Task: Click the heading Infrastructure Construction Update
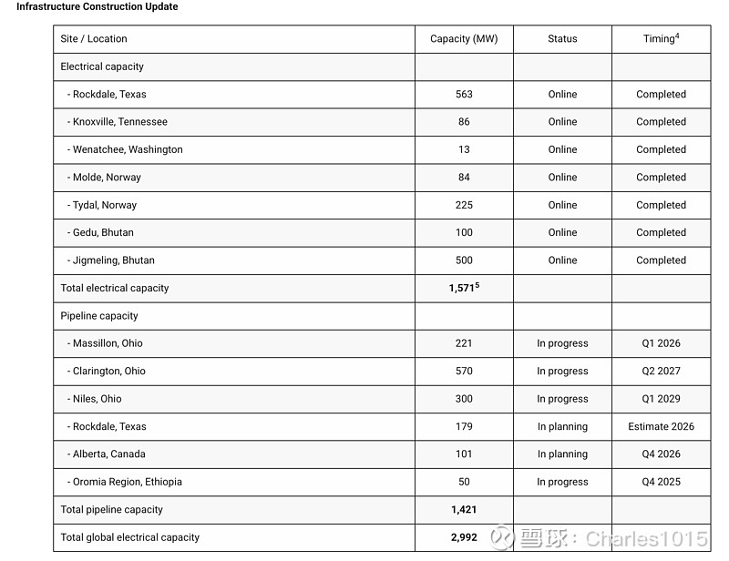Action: click(98, 7)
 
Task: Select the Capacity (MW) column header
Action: click(464, 39)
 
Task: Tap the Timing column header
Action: click(661, 39)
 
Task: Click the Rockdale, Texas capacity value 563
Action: click(464, 95)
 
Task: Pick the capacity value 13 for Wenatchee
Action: click(464, 150)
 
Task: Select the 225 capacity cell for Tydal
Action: click(464, 206)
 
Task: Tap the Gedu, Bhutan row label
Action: click(101, 233)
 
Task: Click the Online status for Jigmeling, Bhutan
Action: click(562, 260)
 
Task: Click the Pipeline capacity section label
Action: click(99, 316)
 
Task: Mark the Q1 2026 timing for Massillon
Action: click(661, 344)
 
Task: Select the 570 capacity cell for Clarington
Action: click(464, 372)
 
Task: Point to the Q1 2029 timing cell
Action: click(661, 399)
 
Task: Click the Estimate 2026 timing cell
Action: click(661, 427)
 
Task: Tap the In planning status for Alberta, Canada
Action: click(562, 454)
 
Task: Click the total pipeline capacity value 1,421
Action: click(463, 510)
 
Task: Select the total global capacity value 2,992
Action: click(463, 537)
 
